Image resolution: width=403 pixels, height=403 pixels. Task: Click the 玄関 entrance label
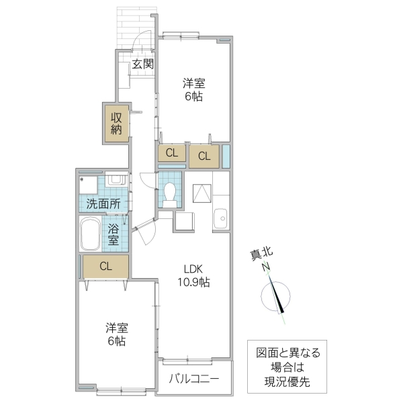point(142,64)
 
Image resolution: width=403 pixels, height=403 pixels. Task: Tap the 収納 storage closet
point(116,123)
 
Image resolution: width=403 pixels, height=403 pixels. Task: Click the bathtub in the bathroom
point(91,235)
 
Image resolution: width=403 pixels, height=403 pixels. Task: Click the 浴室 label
point(114,234)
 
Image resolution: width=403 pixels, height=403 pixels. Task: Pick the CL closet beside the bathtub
point(105,265)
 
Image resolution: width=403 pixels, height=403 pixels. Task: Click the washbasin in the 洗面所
point(116,181)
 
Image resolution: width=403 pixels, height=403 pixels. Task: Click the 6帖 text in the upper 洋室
point(194,96)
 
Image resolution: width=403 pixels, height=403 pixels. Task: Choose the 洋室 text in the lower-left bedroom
point(116,328)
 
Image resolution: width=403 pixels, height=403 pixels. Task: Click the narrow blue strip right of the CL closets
point(226,155)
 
